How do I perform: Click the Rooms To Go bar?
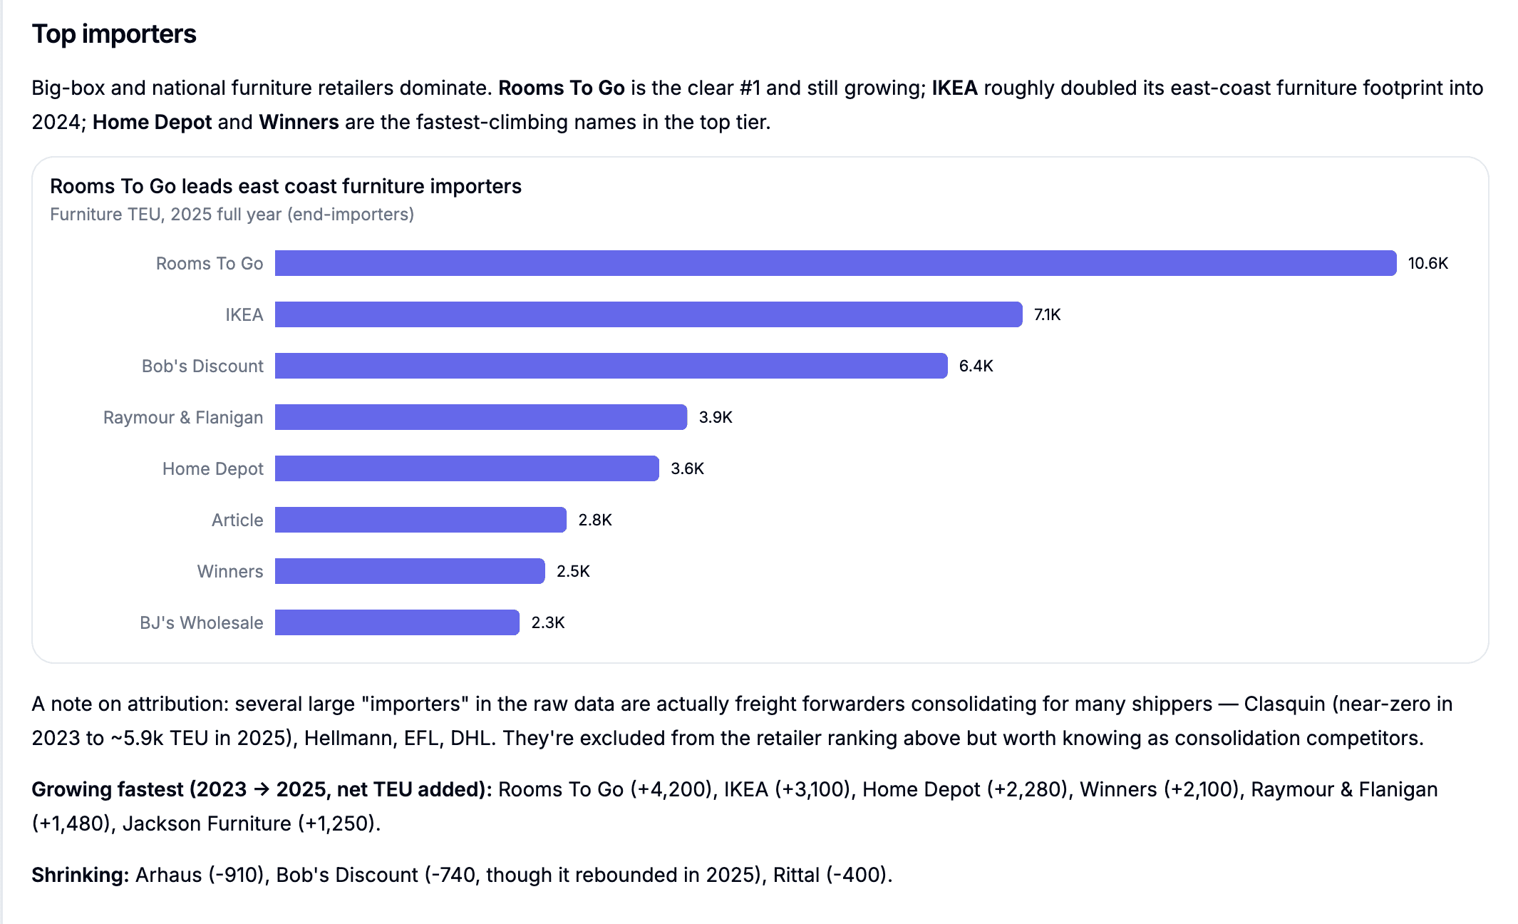point(835,263)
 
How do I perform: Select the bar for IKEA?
point(649,314)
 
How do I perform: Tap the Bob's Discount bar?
point(611,366)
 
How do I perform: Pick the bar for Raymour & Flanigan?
point(481,417)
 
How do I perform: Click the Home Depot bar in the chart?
point(467,468)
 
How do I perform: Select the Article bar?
point(420,520)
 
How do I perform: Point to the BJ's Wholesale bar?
point(397,622)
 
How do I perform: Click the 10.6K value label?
point(1428,263)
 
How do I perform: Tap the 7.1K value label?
point(1048,314)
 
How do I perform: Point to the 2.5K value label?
point(574,571)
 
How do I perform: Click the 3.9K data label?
point(716,417)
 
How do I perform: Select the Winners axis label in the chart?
point(230,571)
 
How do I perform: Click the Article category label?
point(237,520)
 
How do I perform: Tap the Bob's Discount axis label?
point(202,366)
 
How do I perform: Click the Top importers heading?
point(114,34)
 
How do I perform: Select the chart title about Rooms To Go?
point(286,186)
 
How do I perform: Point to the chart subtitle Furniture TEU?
point(232,215)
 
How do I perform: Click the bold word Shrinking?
point(81,875)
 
